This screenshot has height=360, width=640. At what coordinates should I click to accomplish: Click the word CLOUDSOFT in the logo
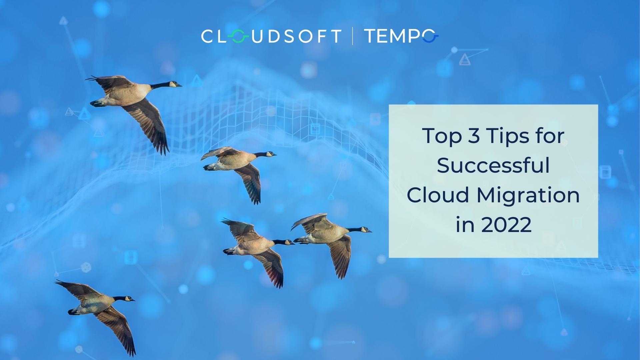(x=271, y=36)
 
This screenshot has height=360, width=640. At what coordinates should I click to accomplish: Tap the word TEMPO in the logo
(x=401, y=36)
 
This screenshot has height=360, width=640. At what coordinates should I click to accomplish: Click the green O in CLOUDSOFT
(x=238, y=36)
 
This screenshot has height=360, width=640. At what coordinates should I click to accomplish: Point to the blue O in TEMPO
(x=430, y=36)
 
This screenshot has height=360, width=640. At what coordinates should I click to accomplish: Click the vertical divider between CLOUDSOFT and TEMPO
(x=353, y=36)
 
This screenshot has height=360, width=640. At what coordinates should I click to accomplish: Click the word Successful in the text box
(x=493, y=166)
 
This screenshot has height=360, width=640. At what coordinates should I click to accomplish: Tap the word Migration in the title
(x=528, y=195)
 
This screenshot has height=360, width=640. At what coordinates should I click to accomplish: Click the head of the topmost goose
(x=174, y=84)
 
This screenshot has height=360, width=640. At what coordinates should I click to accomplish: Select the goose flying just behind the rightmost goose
(x=253, y=245)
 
